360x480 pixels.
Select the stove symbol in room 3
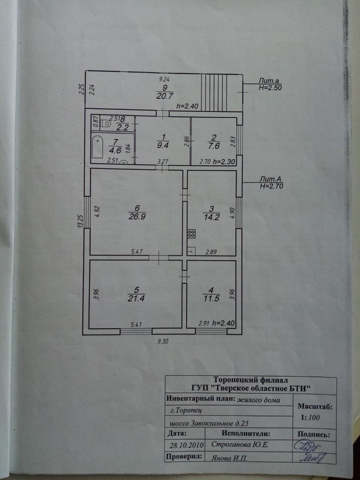coord(191,234)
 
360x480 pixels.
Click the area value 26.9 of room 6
coord(137,217)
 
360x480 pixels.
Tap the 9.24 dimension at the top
coord(165,79)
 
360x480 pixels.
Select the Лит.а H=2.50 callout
coord(270,84)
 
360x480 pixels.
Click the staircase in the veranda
coord(214,92)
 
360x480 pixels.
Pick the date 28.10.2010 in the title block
coord(186,445)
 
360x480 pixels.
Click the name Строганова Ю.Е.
coord(240,445)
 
